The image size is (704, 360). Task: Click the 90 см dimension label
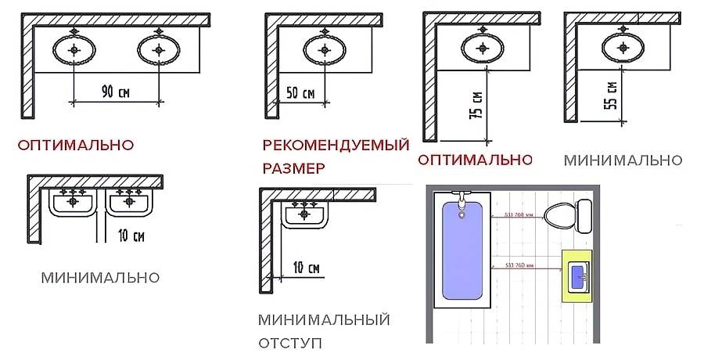click(x=115, y=92)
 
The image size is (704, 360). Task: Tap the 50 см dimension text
click(x=300, y=93)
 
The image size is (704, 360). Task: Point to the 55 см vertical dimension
click(x=612, y=95)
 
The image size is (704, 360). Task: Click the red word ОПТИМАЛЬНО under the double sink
click(x=76, y=145)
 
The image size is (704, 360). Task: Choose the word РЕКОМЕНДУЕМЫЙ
click(x=336, y=146)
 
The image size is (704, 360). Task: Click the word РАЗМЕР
click(x=293, y=167)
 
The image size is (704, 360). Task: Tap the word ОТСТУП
click(x=289, y=343)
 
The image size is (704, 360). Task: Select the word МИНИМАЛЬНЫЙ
click(x=324, y=319)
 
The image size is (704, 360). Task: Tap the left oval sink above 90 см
click(x=74, y=50)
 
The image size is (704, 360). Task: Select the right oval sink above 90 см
click(x=159, y=50)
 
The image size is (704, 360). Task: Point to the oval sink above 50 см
click(x=323, y=50)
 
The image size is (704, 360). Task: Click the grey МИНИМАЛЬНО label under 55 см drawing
click(x=623, y=160)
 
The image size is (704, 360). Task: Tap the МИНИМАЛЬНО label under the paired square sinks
click(x=100, y=277)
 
